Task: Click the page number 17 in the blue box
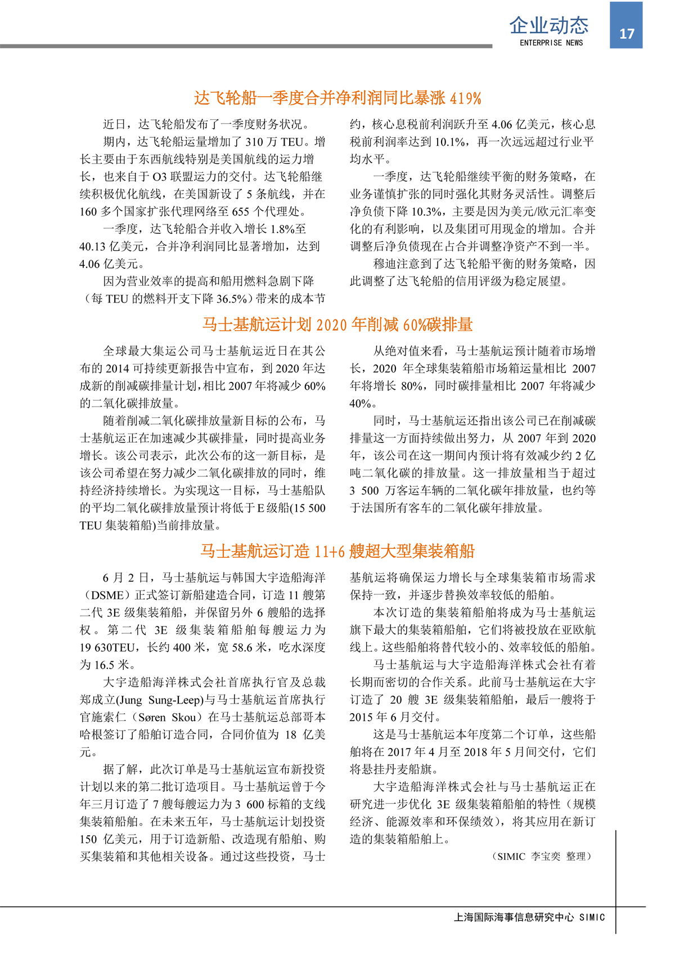pos(627,34)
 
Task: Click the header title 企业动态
pos(549,25)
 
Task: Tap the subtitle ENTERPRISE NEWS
pos(551,43)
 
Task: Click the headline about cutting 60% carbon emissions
pos(337,324)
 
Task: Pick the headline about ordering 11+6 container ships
pos(337,551)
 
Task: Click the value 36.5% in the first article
pos(232,299)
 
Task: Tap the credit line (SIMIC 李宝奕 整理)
pos(542,856)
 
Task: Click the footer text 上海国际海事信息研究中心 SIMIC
pos(529,917)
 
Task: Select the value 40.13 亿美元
pos(111,246)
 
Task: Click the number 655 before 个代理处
pos(240,211)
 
